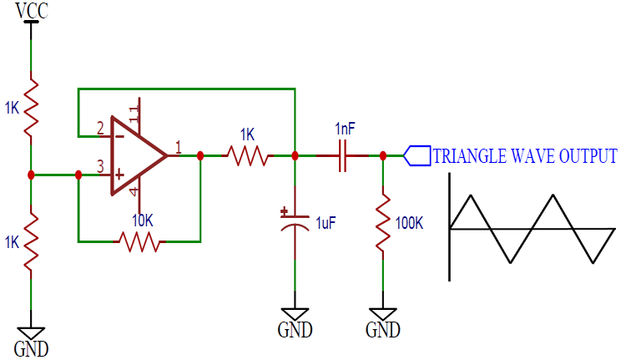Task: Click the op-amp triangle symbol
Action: click(138, 155)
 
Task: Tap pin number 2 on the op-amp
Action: click(100, 129)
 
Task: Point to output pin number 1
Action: click(177, 148)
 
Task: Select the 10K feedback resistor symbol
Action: click(139, 241)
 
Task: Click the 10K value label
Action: click(143, 221)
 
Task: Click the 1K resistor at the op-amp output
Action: click(247, 155)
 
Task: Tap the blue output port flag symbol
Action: click(417, 155)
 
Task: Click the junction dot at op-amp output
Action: click(200, 155)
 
